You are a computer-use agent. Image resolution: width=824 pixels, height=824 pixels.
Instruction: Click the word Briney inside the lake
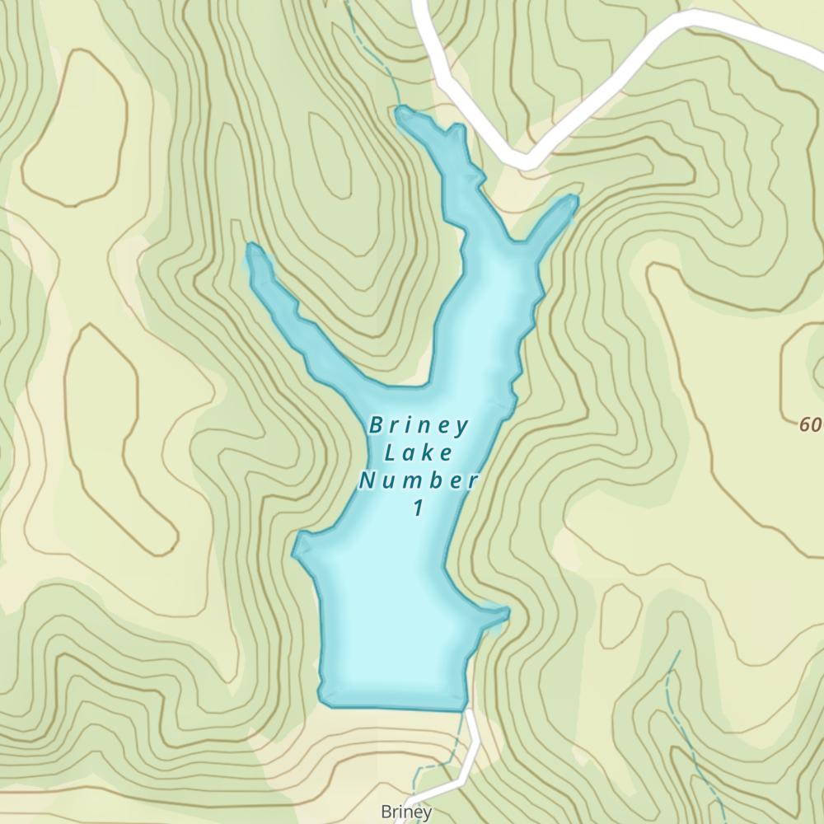point(419,426)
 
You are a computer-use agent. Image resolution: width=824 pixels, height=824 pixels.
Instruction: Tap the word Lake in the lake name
point(419,453)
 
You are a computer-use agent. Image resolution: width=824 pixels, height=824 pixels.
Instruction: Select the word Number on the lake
point(419,480)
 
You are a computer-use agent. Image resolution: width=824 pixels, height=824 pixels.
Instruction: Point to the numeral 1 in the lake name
point(419,508)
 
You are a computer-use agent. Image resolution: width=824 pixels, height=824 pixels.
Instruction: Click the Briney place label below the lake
point(406,812)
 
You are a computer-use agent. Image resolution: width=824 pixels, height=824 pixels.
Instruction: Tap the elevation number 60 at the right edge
point(811,425)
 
